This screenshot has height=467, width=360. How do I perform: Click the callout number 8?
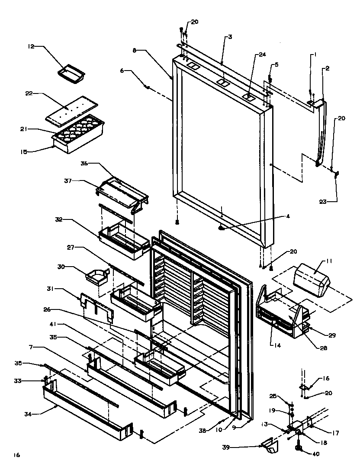click(x=135, y=51)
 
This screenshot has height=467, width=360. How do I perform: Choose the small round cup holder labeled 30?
click(x=98, y=277)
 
